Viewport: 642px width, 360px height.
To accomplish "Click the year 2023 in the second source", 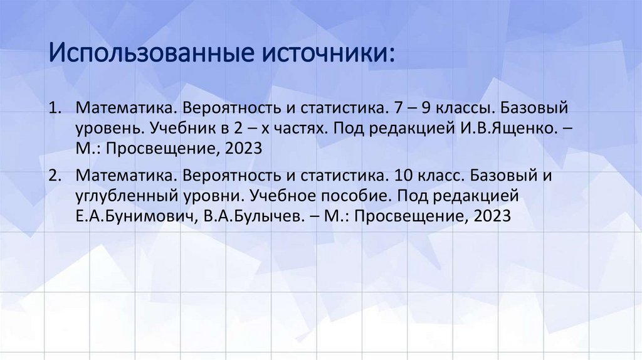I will click(x=493, y=216).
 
